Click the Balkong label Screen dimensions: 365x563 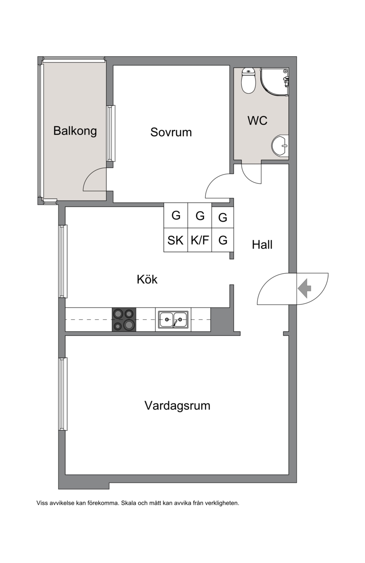coord(75,131)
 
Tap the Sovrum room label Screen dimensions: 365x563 coord(171,132)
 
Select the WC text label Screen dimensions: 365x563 coord(257,121)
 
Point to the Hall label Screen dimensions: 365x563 coord(262,244)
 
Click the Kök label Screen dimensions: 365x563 coord(147,279)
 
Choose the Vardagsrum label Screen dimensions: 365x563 coord(177,406)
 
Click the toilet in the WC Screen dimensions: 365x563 coord(248,81)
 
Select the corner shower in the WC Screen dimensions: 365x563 coord(275,82)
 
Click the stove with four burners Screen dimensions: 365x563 coord(124,319)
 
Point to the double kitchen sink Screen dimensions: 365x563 coord(173,319)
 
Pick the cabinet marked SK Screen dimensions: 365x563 coord(176,240)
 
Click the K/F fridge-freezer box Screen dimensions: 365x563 coord(200,240)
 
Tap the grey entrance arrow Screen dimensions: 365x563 coord(304,288)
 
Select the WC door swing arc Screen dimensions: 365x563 coord(249,178)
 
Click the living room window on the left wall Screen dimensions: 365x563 coord(63,394)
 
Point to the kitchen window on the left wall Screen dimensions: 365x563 coord(63,261)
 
